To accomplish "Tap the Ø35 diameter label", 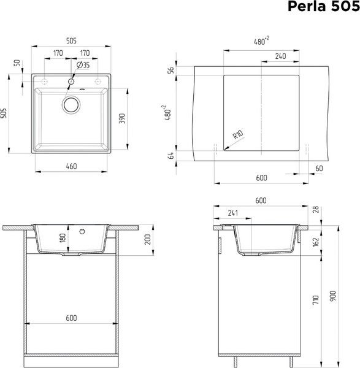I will [83, 64].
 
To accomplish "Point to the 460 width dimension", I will [71, 166].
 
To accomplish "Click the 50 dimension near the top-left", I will [18, 64].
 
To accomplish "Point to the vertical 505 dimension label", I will [5, 113].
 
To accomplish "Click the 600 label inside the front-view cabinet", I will [71, 318].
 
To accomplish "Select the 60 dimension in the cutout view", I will [318, 168].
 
